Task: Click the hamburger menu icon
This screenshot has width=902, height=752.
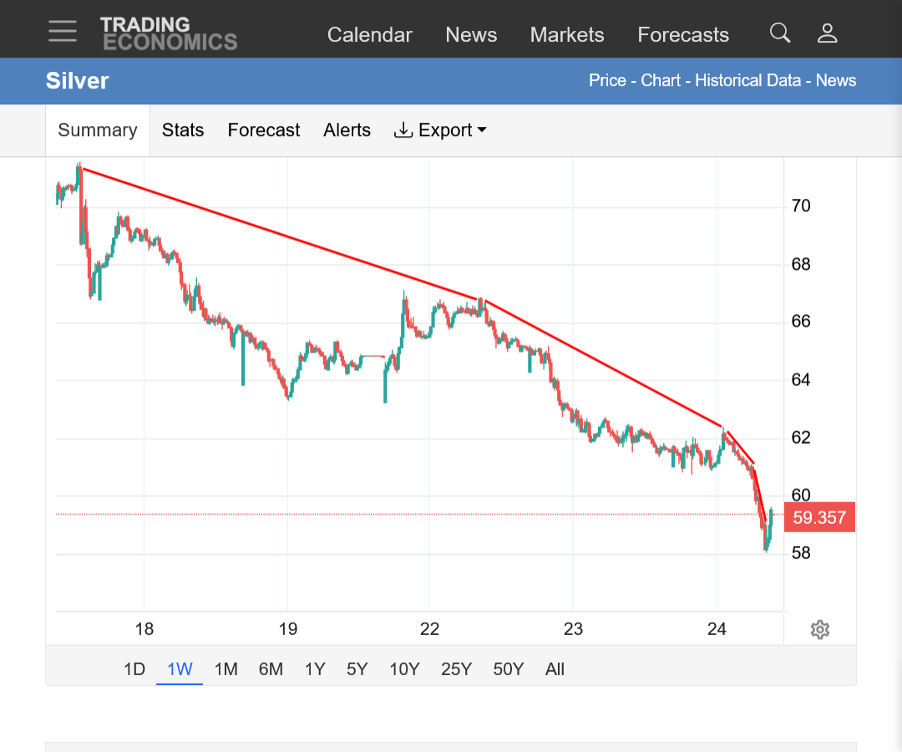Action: pyautogui.click(x=63, y=31)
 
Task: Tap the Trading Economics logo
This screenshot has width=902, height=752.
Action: pyautogui.click(x=169, y=33)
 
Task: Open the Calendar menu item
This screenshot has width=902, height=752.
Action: pyautogui.click(x=369, y=35)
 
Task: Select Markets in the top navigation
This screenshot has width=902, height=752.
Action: pyautogui.click(x=566, y=35)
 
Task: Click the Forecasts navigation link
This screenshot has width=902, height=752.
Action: pyautogui.click(x=683, y=35)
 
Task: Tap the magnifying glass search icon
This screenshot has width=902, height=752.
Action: pyautogui.click(x=780, y=33)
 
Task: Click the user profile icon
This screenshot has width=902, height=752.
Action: pyautogui.click(x=827, y=33)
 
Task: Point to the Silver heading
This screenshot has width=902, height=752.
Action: pyautogui.click(x=77, y=80)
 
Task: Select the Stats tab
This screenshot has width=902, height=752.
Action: pyautogui.click(x=182, y=130)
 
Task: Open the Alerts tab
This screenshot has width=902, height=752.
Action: pyautogui.click(x=347, y=130)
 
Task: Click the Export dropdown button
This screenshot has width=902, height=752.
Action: pyautogui.click(x=440, y=130)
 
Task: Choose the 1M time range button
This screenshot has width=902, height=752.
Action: pyautogui.click(x=225, y=669)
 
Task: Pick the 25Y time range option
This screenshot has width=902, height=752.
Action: pyautogui.click(x=456, y=669)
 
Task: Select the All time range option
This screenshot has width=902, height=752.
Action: pyautogui.click(x=555, y=669)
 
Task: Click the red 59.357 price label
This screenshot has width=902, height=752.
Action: pyautogui.click(x=819, y=517)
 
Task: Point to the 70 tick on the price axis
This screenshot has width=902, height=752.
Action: pyautogui.click(x=801, y=206)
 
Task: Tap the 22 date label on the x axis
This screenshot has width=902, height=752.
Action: pyautogui.click(x=430, y=629)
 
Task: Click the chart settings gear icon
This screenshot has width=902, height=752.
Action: pyautogui.click(x=820, y=629)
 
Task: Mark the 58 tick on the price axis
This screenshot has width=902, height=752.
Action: pyautogui.click(x=801, y=553)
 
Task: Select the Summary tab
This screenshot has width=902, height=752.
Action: pyautogui.click(x=98, y=130)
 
